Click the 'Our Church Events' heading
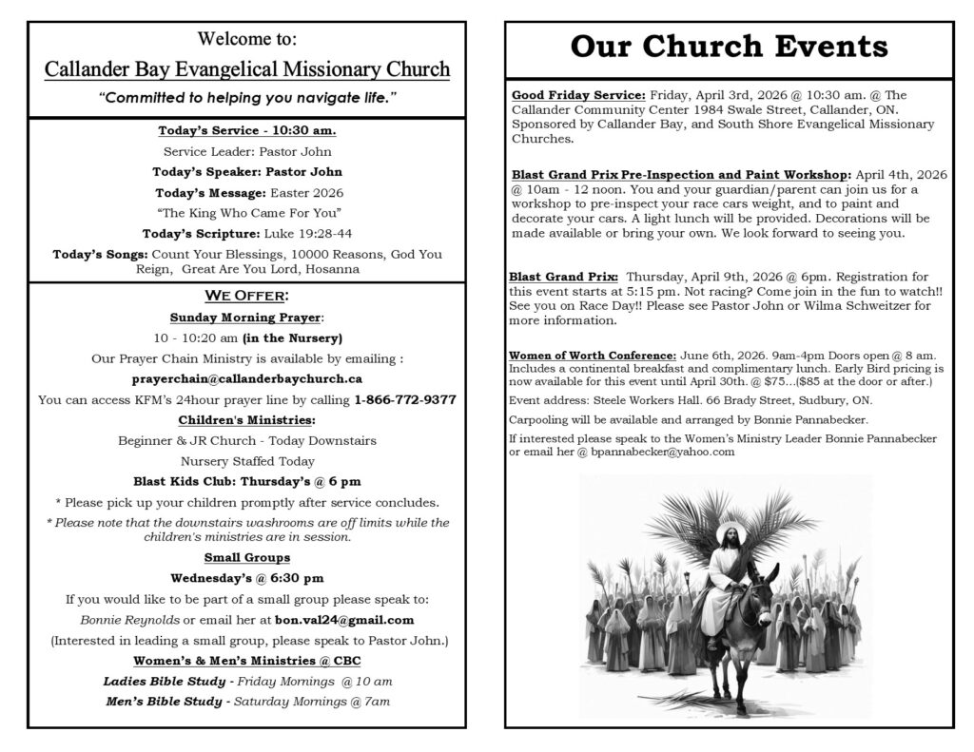(729, 48)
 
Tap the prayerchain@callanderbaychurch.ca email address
(246, 378)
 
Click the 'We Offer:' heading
(246, 296)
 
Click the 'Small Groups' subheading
(246, 557)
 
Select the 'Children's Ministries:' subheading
(246, 419)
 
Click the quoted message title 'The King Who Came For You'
(246, 212)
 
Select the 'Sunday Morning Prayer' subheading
(245, 317)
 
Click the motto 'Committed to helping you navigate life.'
(246, 98)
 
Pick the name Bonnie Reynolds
(144, 620)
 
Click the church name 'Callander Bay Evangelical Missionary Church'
(246, 69)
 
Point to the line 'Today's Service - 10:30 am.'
(246, 131)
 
